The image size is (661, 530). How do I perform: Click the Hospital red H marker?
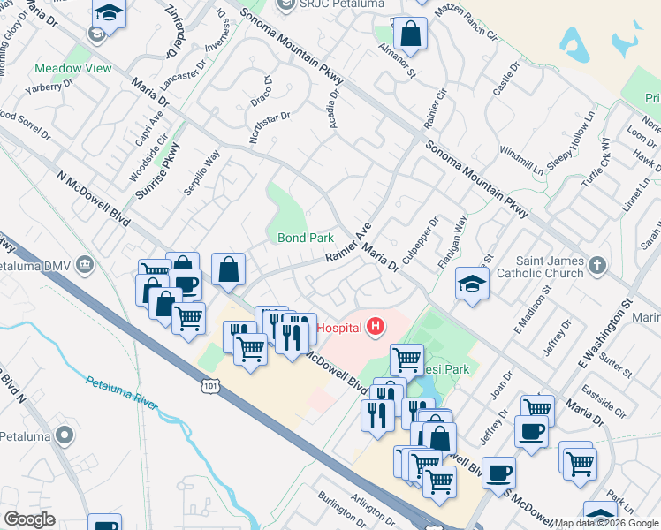376,328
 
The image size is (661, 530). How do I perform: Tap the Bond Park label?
306,238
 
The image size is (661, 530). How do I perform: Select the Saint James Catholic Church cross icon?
597,264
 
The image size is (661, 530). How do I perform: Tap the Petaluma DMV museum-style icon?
85,264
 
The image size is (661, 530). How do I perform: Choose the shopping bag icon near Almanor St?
411,34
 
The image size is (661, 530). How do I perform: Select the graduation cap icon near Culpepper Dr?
472,284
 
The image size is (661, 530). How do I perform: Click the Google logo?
29,519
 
